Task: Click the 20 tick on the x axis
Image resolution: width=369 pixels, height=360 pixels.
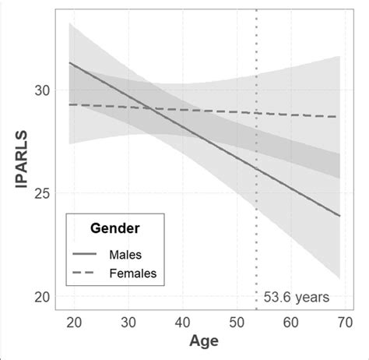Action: pos(75,322)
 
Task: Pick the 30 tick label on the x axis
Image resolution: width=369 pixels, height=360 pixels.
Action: pos(128,322)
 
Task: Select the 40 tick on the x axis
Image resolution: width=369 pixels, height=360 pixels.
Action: pos(182,322)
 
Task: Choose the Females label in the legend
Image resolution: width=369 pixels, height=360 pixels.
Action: pos(132,273)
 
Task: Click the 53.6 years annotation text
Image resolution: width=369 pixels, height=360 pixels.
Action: pos(297,296)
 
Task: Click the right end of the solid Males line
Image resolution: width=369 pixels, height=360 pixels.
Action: pos(339,216)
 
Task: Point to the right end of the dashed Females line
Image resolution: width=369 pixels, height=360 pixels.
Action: pos(339,117)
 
